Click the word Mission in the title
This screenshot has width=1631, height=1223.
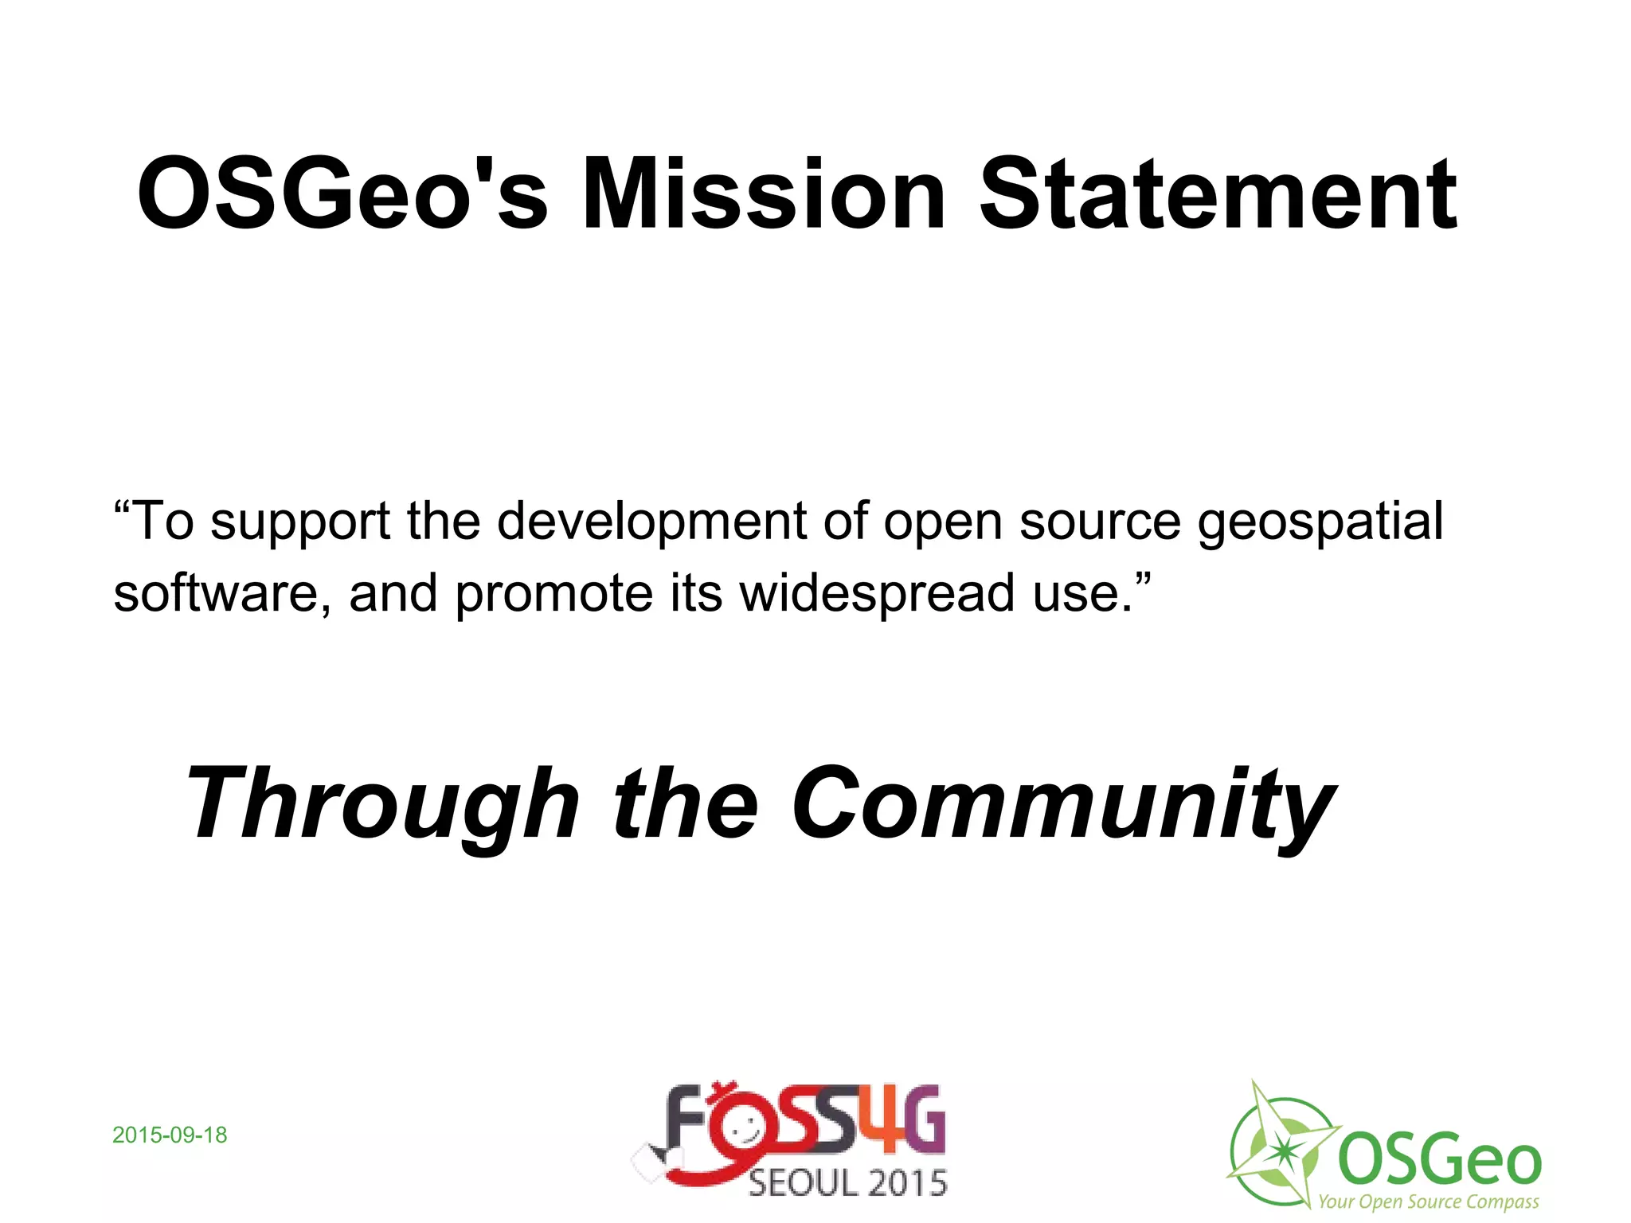coord(763,194)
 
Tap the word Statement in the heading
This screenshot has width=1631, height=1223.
coord(1218,194)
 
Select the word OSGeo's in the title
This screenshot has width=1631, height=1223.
coord(342,194)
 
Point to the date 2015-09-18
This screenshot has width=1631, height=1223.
coord(170,1135)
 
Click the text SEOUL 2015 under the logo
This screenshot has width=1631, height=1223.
coord(847,1183)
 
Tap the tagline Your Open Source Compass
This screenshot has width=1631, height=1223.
coord(1428,1202)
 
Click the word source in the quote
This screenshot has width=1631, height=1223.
coord(1100,522)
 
